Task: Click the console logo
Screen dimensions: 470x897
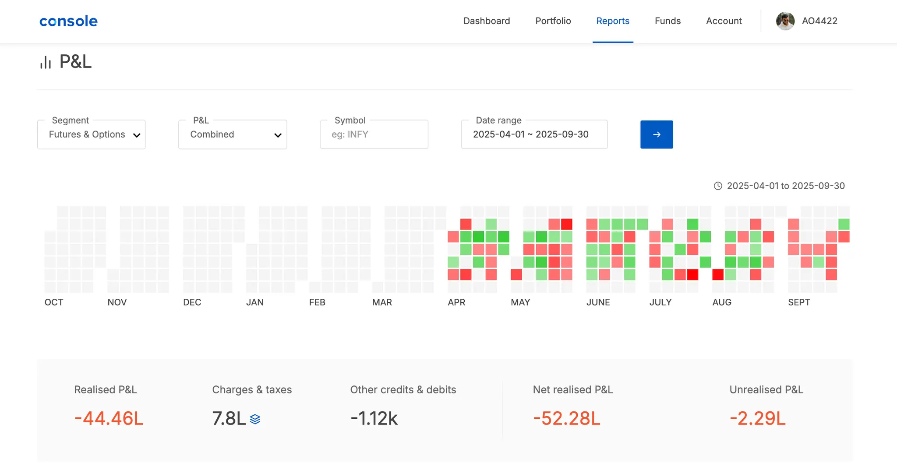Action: click(x=68, y=21)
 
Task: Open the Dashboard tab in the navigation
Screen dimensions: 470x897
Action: click(x=487, y=21)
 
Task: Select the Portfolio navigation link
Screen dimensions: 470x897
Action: click(x=553, y=21)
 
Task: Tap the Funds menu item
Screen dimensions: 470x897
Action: click(x=667, y=21)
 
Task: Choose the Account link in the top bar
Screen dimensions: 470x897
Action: click(x=724, y=21)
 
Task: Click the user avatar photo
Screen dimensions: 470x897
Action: click(x=785, y=21)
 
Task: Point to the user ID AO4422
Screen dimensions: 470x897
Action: click(x=819, y=21)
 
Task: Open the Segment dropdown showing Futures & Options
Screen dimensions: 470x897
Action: click(x=91, y=134)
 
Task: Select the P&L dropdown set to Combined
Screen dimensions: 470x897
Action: click(x=233, y=134)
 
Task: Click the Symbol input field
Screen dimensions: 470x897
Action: click(x=374, y=134)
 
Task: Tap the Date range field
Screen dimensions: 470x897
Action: click(x=534, y=134)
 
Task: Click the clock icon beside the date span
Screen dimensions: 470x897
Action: click(x=718, y=186)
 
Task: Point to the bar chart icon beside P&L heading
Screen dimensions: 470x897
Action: click(x=46, y=63)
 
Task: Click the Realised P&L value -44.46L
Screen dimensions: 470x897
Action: click(x=109, y=418)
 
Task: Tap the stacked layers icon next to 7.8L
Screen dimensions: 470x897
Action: click(x=255, y=419)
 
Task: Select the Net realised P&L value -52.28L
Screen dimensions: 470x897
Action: click(x=566, y=418)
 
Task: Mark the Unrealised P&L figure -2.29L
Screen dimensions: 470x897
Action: click(x=757, y=418)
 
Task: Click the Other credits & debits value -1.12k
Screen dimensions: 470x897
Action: click(x=374, y=418)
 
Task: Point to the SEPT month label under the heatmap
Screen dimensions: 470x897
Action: click(x=799, y=302)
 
